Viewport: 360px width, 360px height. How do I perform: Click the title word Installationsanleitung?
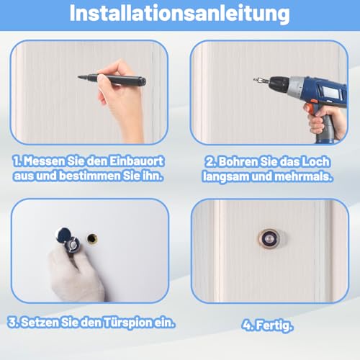(179, 14)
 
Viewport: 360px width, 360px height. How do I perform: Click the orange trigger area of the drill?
(310, 109)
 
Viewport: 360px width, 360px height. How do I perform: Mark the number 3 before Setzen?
(12, 321)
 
